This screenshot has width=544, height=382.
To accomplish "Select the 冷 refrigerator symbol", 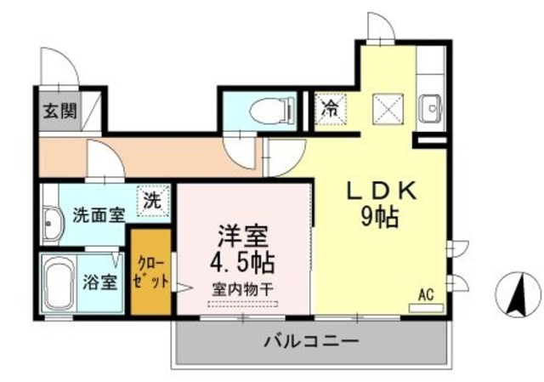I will (x=329, y=109).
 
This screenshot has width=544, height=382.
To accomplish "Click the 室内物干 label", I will (x=242, y=289).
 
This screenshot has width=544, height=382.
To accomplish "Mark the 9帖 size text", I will (x=379, y=219).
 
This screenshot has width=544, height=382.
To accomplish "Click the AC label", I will (x=426, y=294).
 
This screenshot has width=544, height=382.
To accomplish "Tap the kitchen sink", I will (x=431, y=106).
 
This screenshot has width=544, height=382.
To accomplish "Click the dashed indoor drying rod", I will (x=242, y=304).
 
